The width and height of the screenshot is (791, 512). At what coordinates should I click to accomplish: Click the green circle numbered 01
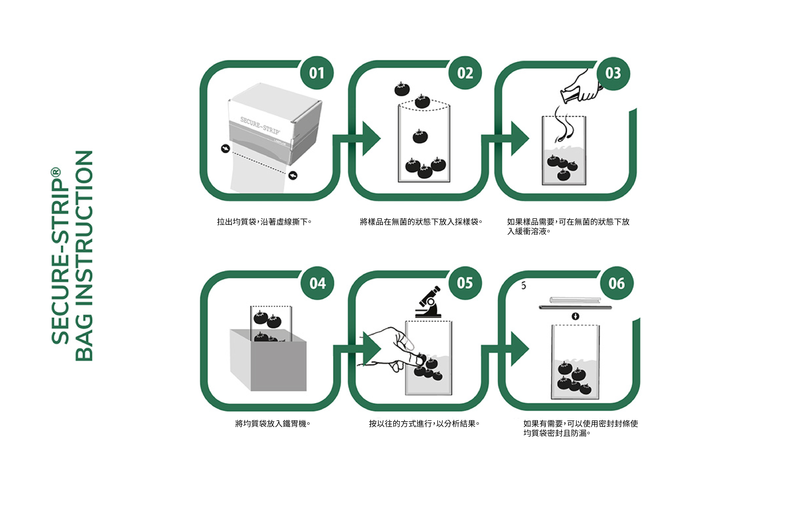[x=317, y=73]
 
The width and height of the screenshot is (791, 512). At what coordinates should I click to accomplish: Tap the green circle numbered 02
[x=465, y=73]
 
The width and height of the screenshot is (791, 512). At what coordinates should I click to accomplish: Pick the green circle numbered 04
[x=317, y=283]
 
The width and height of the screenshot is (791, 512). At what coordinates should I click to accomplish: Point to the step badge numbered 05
[x=465, y=283]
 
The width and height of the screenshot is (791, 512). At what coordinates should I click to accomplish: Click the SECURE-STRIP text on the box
[x=260, y=125]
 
